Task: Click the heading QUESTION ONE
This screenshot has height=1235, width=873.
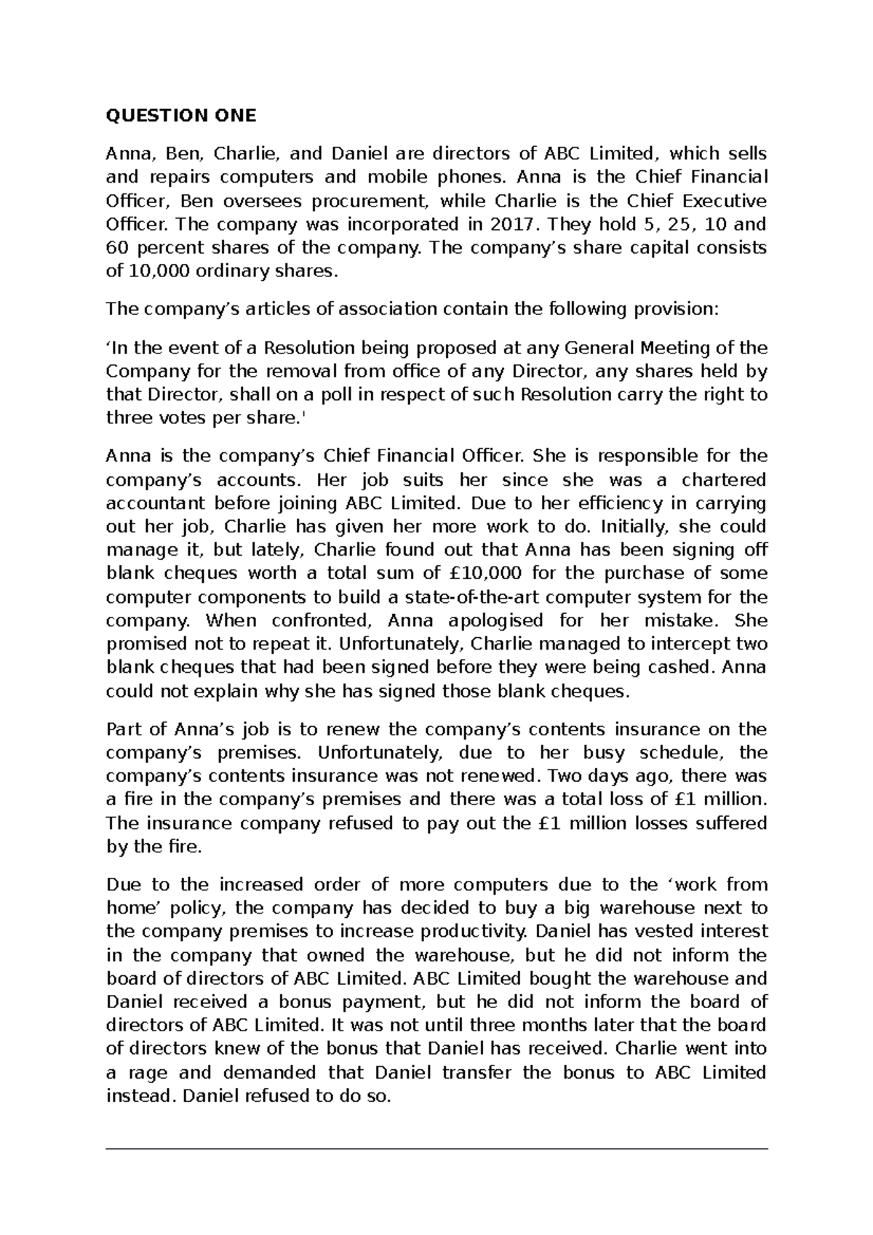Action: [x=181, y=116]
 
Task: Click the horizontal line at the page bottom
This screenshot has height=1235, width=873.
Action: [x=436, y=1149]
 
